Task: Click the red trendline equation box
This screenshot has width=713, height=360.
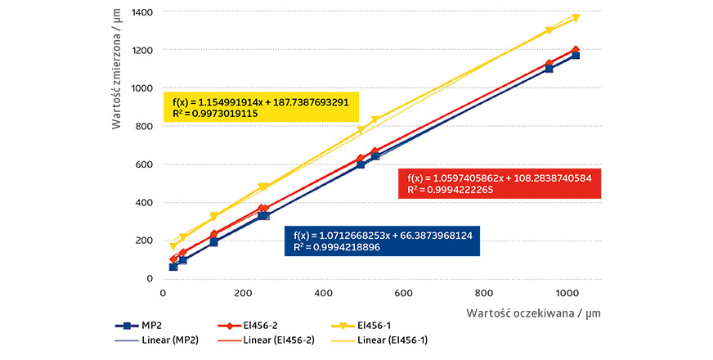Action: (498, 184)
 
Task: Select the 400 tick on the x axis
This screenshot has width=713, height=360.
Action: (323, 292)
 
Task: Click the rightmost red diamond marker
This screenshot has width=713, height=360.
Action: (576, 50)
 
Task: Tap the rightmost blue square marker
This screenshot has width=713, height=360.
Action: (576, 55)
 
